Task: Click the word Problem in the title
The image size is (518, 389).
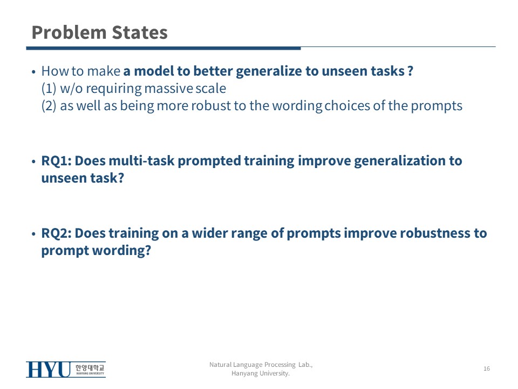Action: click(x=69, y=33)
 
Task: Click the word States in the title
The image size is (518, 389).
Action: click(x=140, y=32)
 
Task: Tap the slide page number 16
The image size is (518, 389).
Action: click(x=487, y=368)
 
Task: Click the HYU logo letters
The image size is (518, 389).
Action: click(x=48, y=370)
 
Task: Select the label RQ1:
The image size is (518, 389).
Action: click(x=57, y=161)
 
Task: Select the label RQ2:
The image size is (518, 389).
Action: click(x=57, y=233)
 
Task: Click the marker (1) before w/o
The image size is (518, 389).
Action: click(x=49, y=89)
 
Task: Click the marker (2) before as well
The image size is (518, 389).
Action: click(x=49, y=106)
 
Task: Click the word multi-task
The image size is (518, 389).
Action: click(x=141, y=161)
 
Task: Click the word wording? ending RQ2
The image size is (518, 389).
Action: click(x=121, y=251)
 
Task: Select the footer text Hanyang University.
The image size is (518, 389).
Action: click(x=260, y=373)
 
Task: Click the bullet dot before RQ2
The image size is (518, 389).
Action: click(x=33, y=234)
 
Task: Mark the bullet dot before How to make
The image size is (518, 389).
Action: click(x=33, y=72)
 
